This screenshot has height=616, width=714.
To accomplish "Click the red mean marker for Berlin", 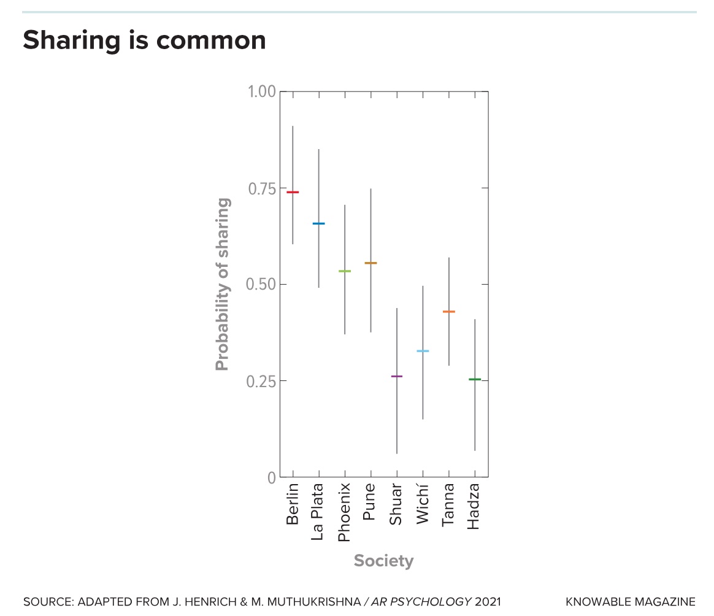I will click(x=293, y=192).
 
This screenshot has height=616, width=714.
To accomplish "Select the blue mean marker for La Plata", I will click(x=318, y=223).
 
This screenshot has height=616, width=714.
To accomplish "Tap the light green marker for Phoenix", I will click(x=345, y=271).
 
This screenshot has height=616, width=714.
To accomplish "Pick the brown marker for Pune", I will click(x=370, y=263).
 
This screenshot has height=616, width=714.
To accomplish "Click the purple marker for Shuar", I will click(x=397, y=376).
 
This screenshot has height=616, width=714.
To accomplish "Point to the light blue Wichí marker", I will click(x=423, y=351).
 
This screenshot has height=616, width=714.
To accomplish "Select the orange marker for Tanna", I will click(x=449, y=312).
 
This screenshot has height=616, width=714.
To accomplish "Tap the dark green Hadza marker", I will click(x=475, y=379).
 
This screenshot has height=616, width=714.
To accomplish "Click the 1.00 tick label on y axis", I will click(x=261, y=92).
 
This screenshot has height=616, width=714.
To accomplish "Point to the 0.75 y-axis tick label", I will click(x=261, y=188).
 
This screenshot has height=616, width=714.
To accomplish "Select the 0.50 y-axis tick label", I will click(x=261, y=285).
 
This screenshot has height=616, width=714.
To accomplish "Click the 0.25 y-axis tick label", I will click(x=261, y=381).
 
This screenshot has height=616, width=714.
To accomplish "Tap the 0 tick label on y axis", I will click(x=271, y=477).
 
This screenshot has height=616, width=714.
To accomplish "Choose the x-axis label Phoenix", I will click(x=345, y=512).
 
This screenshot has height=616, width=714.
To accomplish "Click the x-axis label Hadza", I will click(x=474, y=507).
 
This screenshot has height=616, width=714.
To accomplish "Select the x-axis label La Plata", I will click(x=318, y=512).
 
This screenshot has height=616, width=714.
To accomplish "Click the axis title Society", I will click(x=383, y=561).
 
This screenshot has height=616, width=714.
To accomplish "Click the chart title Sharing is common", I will click(x=144, y=40).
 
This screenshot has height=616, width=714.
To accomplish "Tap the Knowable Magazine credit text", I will click(x=631, y=602).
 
